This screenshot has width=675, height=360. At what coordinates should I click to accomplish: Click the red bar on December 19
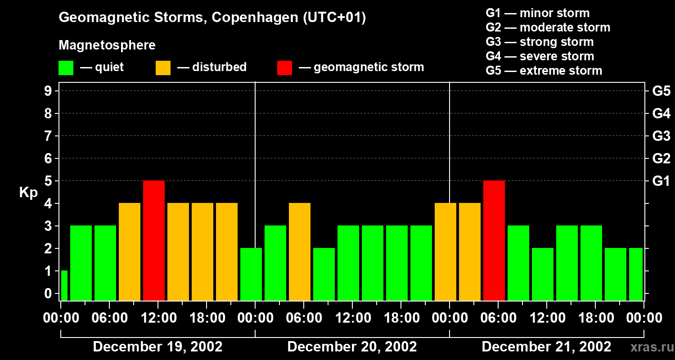click(x=154, y=240)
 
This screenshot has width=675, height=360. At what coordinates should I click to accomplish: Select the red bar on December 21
click(x=494, y=240)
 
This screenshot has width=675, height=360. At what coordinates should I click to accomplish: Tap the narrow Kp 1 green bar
click(x=64, y=285)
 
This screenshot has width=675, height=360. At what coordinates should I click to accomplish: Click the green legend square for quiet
click(x=66, y=67)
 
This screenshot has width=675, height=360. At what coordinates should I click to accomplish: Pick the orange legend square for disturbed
click(x=163, y=67)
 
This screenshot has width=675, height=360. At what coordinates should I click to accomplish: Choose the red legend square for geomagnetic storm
click(x=284, y=67)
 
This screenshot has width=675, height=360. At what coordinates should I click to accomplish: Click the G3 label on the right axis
click(x=661, y=136)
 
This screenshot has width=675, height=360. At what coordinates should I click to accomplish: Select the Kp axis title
click(x=28, y=193)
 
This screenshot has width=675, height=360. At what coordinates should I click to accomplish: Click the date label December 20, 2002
click(x=352, y=347)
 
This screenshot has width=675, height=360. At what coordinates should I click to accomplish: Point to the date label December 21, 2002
click(x=546, y=347)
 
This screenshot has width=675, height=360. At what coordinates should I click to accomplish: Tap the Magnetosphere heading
click(x=107, y=45)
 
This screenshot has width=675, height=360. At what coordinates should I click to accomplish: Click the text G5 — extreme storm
click(x=544, y=71)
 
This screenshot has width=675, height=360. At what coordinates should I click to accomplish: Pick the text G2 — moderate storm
click(x=548, y=27)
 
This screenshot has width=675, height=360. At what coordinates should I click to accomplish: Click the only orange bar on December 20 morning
click(x=300, y=252)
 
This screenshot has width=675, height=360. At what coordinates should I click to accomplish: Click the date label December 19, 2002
click(x=157, y=347)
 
